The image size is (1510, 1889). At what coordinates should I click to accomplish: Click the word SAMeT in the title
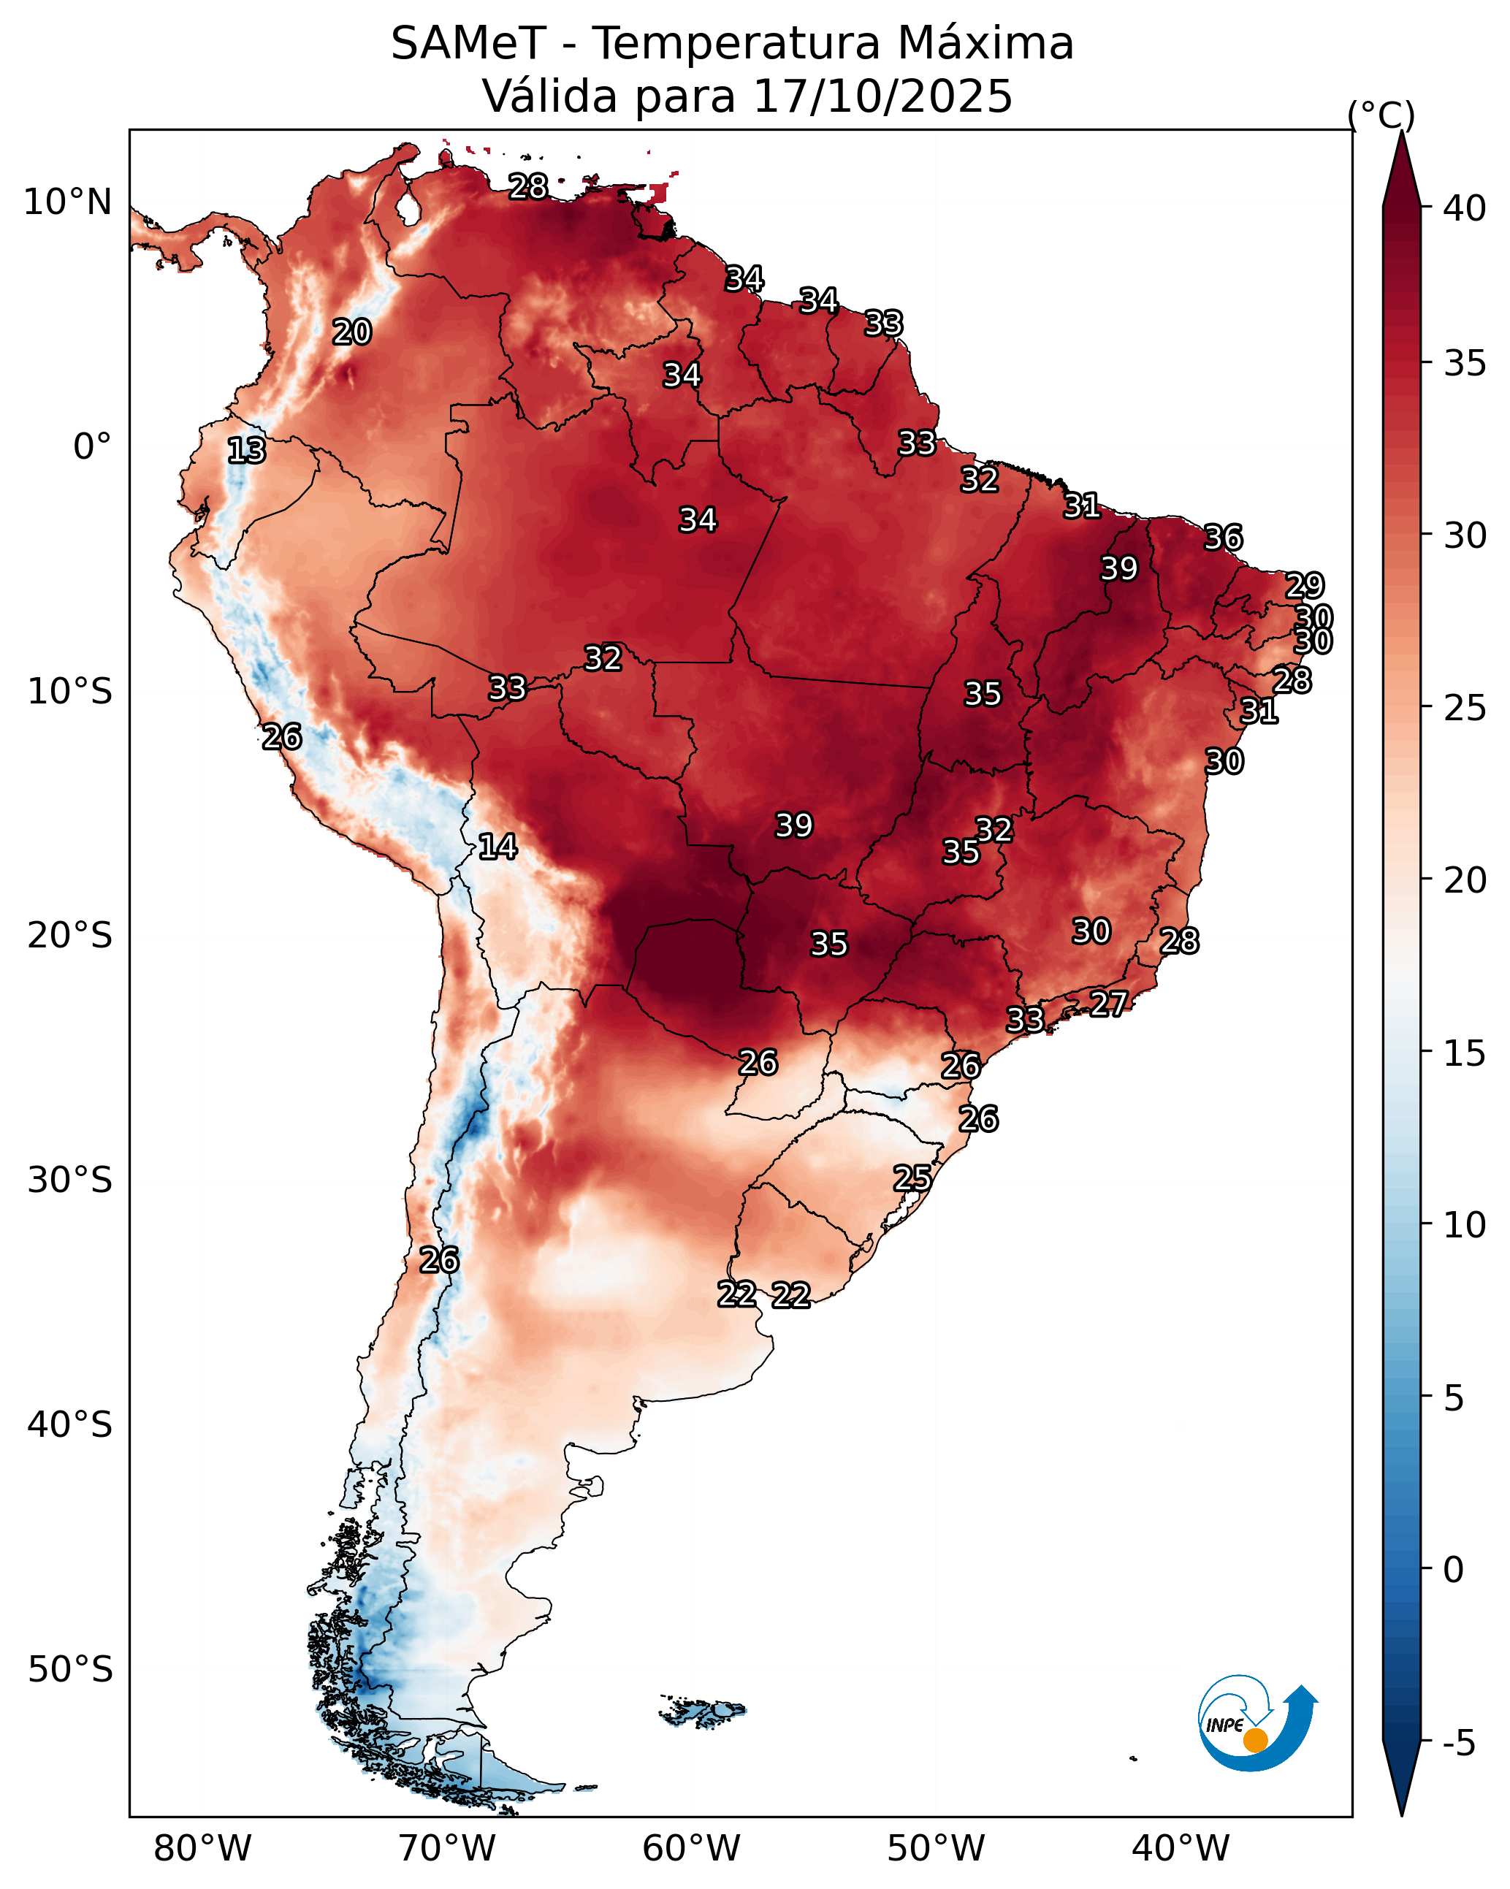(468, 44)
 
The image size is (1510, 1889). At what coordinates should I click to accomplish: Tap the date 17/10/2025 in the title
(882, 96)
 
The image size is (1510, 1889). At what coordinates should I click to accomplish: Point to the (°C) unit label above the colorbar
(1380, 115)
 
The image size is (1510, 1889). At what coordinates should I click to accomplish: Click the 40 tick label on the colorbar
(1465, 208)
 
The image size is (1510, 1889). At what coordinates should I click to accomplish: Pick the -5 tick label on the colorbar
(1459, 1744)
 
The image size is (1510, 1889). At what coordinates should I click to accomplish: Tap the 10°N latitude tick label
(67, 202)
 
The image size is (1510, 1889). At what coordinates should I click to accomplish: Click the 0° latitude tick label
(92, 447)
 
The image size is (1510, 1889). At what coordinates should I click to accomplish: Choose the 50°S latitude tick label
(70, 1670)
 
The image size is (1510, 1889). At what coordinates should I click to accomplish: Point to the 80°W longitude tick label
(202, 1849)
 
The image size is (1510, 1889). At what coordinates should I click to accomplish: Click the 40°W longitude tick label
(1181, 1849)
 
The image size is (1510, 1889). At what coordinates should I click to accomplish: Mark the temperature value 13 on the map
(246, 451)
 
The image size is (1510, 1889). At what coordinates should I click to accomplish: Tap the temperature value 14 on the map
(497, 847)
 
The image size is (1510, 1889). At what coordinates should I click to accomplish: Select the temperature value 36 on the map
(1223, 538)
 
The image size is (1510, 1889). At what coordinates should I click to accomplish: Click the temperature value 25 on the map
(912, 1178)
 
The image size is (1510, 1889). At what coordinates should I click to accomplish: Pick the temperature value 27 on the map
(1109, 1003)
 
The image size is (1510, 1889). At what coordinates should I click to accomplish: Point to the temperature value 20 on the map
(351, 332)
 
